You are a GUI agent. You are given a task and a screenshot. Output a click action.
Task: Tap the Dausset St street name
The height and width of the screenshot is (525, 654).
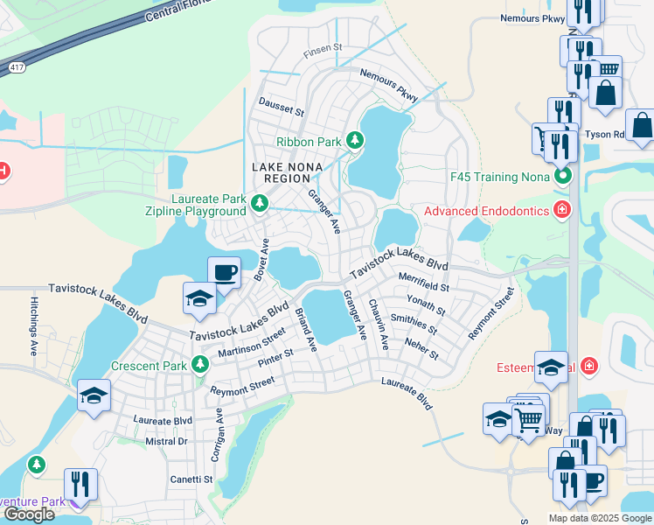[280, 112]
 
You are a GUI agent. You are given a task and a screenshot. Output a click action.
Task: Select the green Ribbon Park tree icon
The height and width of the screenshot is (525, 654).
[355, 140]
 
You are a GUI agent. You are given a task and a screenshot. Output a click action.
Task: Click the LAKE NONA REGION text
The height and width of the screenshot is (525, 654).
[288, 173]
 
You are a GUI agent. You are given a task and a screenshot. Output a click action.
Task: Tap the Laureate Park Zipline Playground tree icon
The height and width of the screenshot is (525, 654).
[259, 204]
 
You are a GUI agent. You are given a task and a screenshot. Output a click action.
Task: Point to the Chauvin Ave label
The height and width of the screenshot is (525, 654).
[378, 324]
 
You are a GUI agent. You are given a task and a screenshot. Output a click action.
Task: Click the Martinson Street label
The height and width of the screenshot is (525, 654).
[252, 342]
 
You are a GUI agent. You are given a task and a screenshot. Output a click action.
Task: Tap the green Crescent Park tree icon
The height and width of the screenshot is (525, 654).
[200, 364]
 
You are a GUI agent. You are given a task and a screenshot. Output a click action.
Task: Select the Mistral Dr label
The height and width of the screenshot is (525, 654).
[166, 442]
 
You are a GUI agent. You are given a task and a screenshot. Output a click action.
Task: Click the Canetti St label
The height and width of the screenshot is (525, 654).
[191, 479]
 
